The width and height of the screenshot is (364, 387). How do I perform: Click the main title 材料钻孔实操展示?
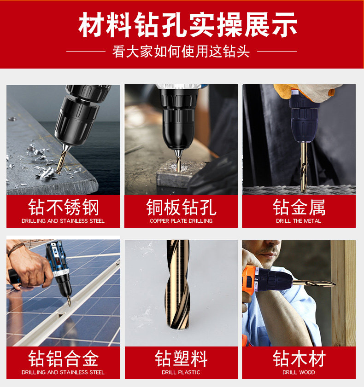[188, 25]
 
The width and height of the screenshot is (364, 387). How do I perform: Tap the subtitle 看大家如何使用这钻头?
[181, 52]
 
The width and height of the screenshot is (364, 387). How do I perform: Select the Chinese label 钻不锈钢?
[63, 208]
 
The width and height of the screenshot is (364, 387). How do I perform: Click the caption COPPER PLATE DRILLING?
[181, 221]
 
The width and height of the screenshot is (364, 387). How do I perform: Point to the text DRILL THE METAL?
[299, 221]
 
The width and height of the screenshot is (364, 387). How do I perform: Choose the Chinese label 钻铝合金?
[63, 358]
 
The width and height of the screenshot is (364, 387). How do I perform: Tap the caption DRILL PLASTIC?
[181, 372]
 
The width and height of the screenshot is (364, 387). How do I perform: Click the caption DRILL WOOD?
[299, 372]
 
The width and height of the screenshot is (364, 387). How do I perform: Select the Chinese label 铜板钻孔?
[181, 208]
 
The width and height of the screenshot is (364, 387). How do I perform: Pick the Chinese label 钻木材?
[299, 358]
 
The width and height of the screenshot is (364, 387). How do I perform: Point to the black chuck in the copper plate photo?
[178, 118]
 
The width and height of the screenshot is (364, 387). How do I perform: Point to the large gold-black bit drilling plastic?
[178, 284]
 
